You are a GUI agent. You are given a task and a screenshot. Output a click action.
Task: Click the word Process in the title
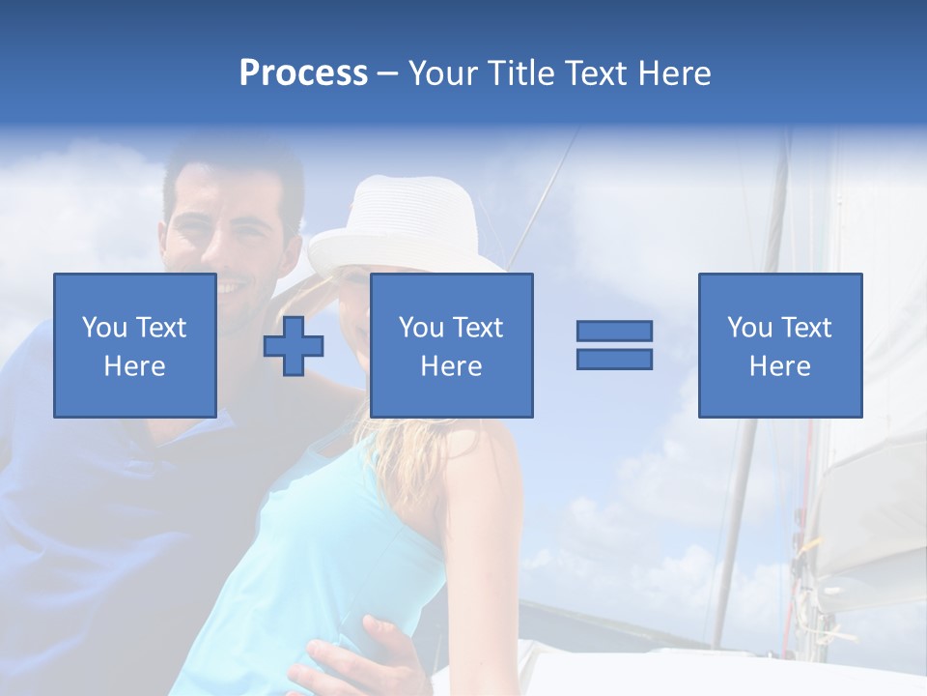pos(303,73)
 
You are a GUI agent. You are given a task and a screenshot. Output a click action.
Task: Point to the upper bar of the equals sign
pos(614,332)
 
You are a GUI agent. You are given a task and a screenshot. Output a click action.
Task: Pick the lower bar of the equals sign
pos(614,359)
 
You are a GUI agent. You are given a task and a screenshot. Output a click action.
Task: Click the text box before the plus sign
pos(135,345)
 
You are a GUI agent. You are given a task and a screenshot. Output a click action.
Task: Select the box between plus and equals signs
pos(451,345)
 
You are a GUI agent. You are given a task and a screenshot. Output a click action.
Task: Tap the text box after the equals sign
pos(780,345)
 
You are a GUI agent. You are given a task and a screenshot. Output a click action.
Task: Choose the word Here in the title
pos(674,73)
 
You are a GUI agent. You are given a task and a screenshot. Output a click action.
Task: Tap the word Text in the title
pos(594,73)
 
